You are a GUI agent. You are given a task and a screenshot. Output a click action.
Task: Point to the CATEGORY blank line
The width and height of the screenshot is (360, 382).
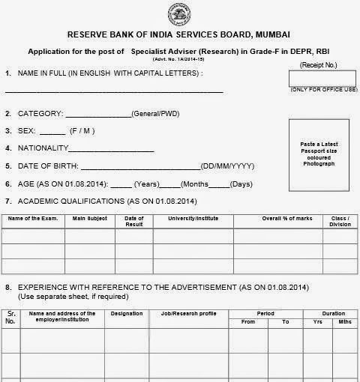[98, 115]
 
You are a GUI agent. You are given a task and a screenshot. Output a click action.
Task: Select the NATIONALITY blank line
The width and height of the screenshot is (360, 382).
[116, 149]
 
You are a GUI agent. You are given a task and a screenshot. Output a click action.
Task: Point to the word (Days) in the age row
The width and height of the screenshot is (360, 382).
[241, 184]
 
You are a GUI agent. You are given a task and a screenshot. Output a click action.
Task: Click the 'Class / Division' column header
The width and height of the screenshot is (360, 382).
[340, 221]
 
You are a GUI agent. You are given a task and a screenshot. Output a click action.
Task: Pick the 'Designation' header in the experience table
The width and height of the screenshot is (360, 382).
[126, 314]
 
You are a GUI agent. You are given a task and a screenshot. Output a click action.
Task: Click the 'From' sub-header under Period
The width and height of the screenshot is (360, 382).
[247, 322]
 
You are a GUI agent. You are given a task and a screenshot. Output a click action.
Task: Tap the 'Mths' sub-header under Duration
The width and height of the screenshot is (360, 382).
[344, 322]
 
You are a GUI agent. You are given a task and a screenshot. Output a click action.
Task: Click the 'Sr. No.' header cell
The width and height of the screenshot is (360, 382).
[11, 318]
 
